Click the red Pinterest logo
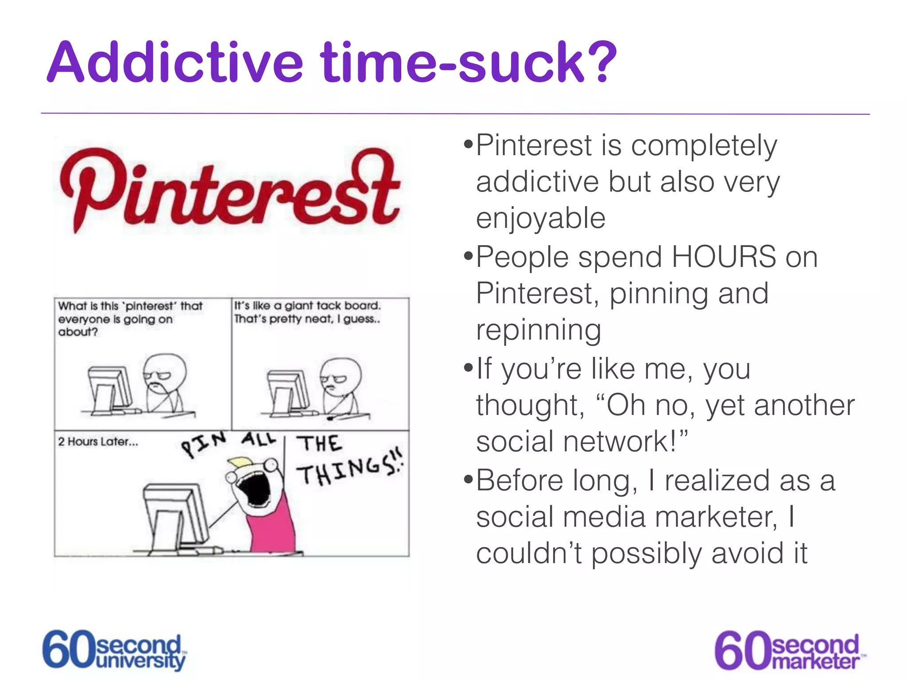tap(230, 191)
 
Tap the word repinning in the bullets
tap(539, 330)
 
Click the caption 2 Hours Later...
tap(98, 442)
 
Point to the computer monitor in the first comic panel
tap(109, 387)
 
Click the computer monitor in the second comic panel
tap(288, 390)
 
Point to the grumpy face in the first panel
tap(164, 372)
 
